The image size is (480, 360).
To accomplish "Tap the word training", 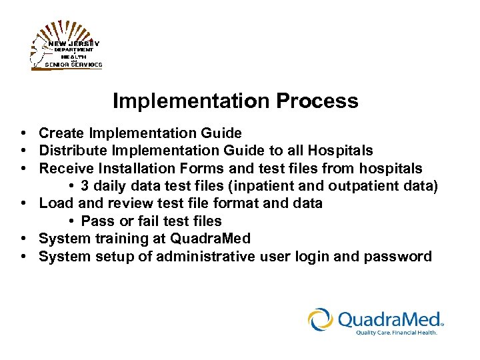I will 120,239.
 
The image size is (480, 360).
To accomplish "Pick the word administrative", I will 204,257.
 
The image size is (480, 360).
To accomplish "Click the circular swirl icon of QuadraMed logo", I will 321,319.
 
